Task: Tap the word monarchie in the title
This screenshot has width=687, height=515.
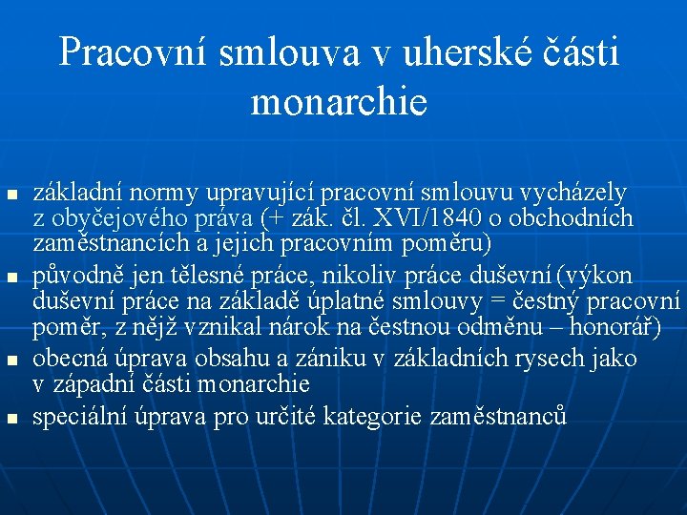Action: point(339,102)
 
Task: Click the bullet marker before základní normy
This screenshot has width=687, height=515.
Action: point(11,196)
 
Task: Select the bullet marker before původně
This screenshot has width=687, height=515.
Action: point(11,278)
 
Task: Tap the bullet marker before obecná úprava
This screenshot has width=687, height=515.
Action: point(11,361)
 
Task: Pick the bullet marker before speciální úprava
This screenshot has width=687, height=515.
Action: point(11,417)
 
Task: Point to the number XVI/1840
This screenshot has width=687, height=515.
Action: point(425,218)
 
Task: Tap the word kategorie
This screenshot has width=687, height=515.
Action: point(374,416)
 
